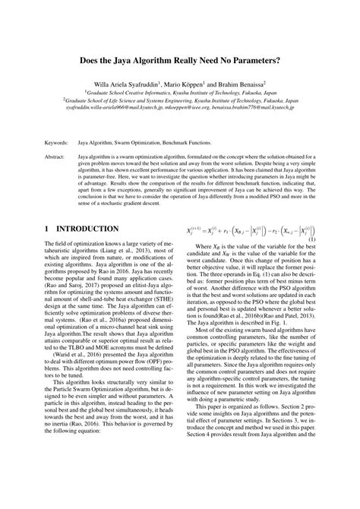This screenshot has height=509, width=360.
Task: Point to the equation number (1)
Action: click(x=311, y=260)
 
